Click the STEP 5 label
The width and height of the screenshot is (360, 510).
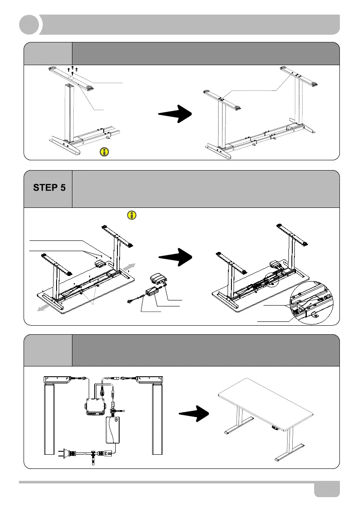pos(49,187)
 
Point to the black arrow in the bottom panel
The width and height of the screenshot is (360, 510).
pos(193,414)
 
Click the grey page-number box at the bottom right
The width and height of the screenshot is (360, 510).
pos(327,489)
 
